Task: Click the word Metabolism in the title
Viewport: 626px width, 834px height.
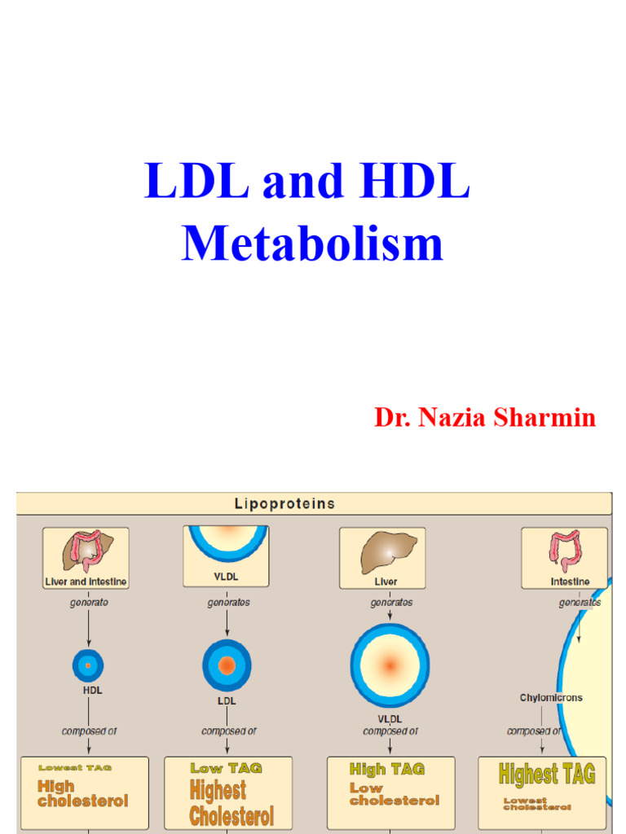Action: (312, 244)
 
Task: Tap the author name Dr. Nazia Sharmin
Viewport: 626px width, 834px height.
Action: (485, 418)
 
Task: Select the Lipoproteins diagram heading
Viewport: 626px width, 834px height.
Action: (284, 503)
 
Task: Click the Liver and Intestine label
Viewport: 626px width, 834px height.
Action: (86, 582)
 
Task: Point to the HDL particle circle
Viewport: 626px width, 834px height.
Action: (87, 665)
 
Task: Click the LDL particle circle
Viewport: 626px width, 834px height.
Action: (227, 665)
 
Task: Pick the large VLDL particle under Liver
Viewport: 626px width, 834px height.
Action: (390, 665)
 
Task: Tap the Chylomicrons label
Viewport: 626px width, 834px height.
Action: (551, 698)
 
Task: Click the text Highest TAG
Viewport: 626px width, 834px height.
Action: (547, 774)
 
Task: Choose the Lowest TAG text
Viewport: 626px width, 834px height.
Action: (75, 767)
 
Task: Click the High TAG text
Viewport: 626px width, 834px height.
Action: (386, 769)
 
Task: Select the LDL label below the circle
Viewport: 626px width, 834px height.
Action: (227, 701)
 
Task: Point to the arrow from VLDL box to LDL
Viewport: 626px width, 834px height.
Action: (227, 623)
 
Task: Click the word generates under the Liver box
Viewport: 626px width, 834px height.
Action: (391, 603)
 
